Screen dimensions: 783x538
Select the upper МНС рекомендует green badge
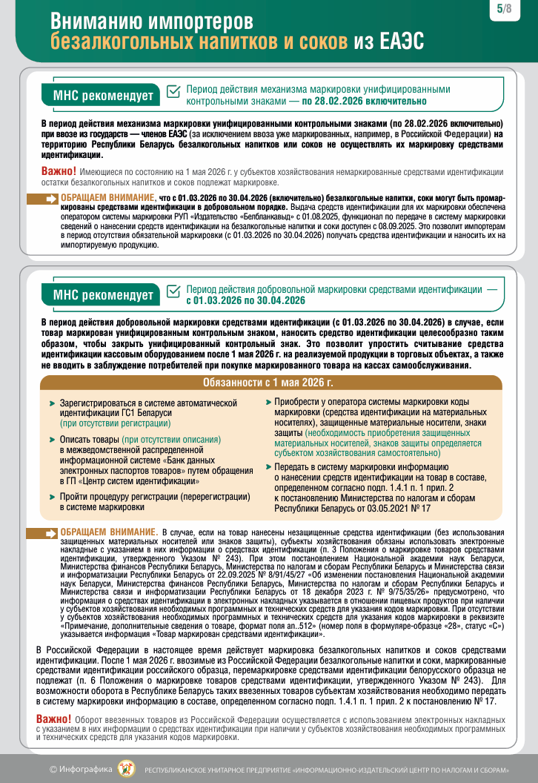tap(103, 95)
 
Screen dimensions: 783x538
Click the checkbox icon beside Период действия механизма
tap(173, 91)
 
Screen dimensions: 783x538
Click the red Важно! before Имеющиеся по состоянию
tap(59, 171)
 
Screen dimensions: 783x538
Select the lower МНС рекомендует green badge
tap(103, 294)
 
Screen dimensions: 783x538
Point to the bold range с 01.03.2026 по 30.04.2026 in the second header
tap(246, 300)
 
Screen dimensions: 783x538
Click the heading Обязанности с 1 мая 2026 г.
tap(268, 383)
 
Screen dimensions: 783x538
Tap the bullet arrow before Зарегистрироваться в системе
tap(52, 403)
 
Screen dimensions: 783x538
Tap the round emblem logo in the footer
tap(127, 768)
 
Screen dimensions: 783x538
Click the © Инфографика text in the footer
tap(81, 769)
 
